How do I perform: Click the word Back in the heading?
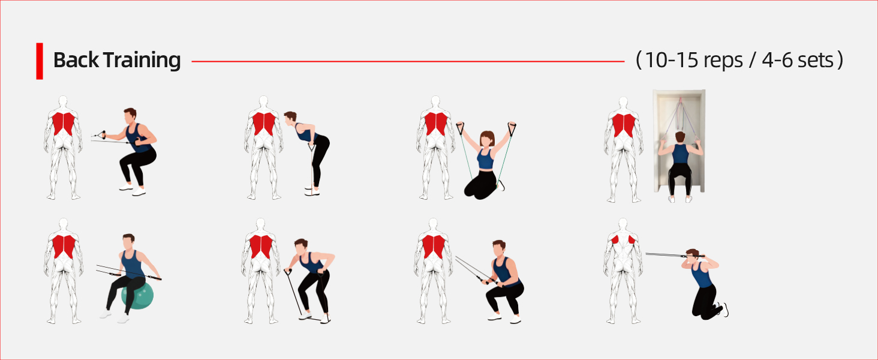coord(76,60)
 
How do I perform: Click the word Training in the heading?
coord(142,61)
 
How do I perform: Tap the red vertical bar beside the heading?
coord(40,61)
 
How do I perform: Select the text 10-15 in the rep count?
coord(670,61)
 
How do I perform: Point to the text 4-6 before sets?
coord(777,61)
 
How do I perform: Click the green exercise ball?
coord(138,295)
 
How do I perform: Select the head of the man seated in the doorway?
coord(680,137)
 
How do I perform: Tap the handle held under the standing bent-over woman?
coord(312,148)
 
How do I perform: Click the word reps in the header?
coord(723,61)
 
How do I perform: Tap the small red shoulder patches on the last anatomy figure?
coord(623,239)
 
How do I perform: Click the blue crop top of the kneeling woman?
coord(485,159)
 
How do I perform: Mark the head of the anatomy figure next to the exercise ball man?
coord(63,224)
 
